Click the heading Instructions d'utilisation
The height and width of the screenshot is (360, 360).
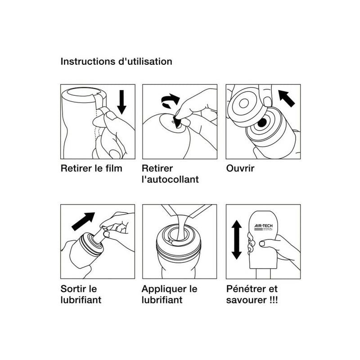[x=116, y=62]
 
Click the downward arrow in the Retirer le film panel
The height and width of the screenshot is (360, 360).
[x=121, y=102]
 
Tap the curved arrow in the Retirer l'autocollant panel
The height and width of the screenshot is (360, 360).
[x=170, y=100]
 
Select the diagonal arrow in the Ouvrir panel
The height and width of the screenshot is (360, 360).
[x=286, y=98]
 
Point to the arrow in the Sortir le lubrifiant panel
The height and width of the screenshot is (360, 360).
[x=83, y=221]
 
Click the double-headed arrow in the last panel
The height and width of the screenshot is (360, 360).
[x=237, y=240]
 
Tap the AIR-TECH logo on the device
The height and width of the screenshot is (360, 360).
[x=263, y=227]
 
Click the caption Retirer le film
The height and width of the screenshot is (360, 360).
[x=91, y=168]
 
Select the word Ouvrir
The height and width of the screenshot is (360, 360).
[x=240, y=168]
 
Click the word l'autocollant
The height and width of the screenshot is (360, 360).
[x=170, y=179]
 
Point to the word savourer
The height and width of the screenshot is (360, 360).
[x=247, y=300]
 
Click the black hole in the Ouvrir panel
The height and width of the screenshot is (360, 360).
[x=262, y=123]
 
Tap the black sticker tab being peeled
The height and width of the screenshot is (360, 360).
[x=177, y=122]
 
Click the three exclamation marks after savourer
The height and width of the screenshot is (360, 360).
[x=274, y=300]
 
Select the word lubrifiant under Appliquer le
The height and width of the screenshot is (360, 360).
[x=162, y=300]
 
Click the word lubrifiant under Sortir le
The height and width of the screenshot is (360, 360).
[x=81, y=300]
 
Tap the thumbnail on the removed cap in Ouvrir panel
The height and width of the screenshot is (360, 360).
[x=267, y=101]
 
